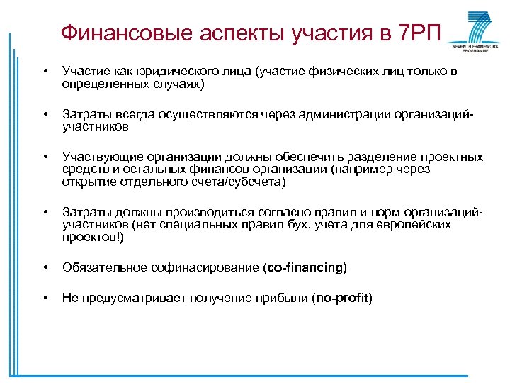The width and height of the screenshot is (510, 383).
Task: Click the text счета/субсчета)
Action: pos(239,182)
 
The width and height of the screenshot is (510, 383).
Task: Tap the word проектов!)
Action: pos(93,238)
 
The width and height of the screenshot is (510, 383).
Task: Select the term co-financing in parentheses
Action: pos(305,267)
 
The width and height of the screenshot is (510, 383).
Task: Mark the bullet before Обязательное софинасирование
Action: pos(45,267)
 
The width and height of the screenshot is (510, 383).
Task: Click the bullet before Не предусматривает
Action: pos(45,298)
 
